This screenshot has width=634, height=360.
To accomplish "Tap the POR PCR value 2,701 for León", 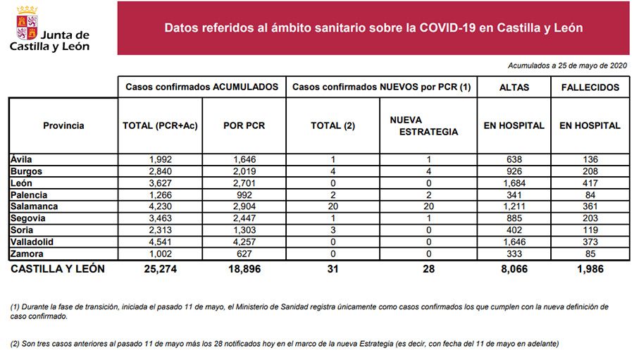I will [244, 182].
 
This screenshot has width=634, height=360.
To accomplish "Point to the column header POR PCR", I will [244, 126].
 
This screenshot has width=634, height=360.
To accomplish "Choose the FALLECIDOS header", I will [590, 87].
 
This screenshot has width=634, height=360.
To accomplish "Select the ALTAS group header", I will [514, 87].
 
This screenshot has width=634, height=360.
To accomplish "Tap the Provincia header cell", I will [63, 126].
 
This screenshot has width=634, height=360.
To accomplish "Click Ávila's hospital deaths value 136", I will [590, 159].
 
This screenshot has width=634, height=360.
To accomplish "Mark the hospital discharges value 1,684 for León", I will [514, 182].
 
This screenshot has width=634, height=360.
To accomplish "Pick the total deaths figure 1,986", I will [590, 268].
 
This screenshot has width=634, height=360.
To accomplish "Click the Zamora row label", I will [27, 254].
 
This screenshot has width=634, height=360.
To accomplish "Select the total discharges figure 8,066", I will [514, 268].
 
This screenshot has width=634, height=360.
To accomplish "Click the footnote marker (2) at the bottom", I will [14, 343].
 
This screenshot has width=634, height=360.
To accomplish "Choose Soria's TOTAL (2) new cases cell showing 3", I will [332, 230].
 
